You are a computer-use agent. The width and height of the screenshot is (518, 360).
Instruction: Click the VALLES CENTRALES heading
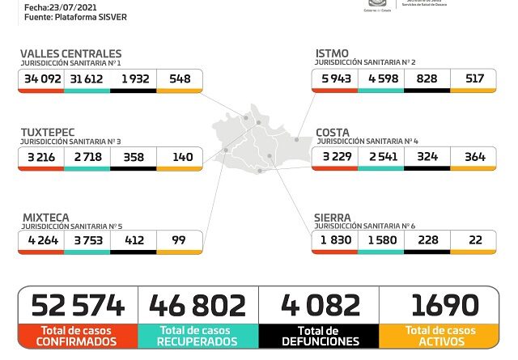point(71,53)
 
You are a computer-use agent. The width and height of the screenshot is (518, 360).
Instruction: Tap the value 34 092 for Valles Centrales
point(42,78)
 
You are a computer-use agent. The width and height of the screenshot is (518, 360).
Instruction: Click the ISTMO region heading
point(333,53)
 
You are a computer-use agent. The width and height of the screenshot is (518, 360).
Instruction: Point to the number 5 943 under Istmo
point(336,78)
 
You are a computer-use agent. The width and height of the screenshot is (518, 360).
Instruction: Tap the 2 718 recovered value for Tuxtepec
point(88,156)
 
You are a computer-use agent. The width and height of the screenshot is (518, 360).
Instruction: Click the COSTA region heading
point(333,132)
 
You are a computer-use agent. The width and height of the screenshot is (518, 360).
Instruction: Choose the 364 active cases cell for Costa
point(473,156)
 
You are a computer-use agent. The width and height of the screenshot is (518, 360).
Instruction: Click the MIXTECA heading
point(45,217)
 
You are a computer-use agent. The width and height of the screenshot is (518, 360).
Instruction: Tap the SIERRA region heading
point(333,217)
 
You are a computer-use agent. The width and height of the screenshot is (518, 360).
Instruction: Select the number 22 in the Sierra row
point(473,239)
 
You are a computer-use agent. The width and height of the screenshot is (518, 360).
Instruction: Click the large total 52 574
point(79,305)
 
